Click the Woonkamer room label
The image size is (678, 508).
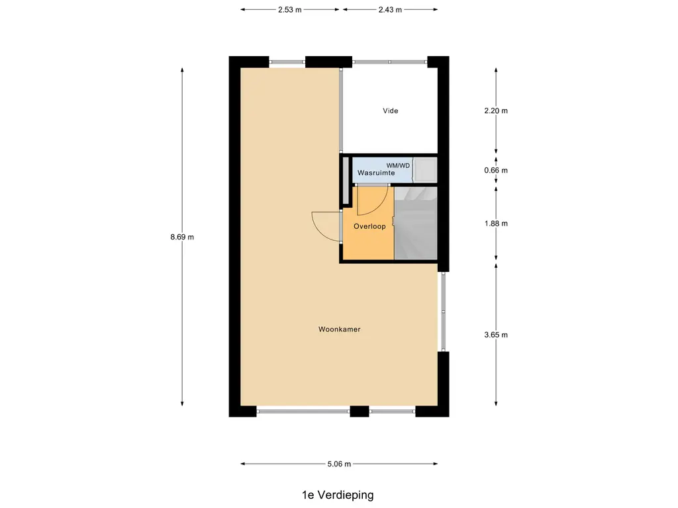[x=339, y=329]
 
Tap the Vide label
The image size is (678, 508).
[x=391, y=110]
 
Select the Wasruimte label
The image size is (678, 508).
[x=376, y=173]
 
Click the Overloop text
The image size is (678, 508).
[x=369, y=226]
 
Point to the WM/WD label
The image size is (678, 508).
[x=399, y=165]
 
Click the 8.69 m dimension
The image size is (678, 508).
[x=182, y=237]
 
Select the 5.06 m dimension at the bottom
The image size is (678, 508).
[x=338, y=464]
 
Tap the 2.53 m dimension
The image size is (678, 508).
[x=289, y=10]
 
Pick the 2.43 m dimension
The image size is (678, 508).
[x=390, y=10]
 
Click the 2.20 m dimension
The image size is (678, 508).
[x=496, y=110]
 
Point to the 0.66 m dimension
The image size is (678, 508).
[x=496, y=170]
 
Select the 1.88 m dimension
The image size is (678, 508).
[x=496, y=223]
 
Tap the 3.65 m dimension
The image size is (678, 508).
[x=496, y=335]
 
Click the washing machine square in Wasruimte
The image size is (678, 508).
[x=425, y=169]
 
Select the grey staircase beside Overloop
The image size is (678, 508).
[x=416, y=223]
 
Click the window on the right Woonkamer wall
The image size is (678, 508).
[x=443, y=312]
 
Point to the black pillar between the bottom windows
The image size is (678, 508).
[x=359, y=411]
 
